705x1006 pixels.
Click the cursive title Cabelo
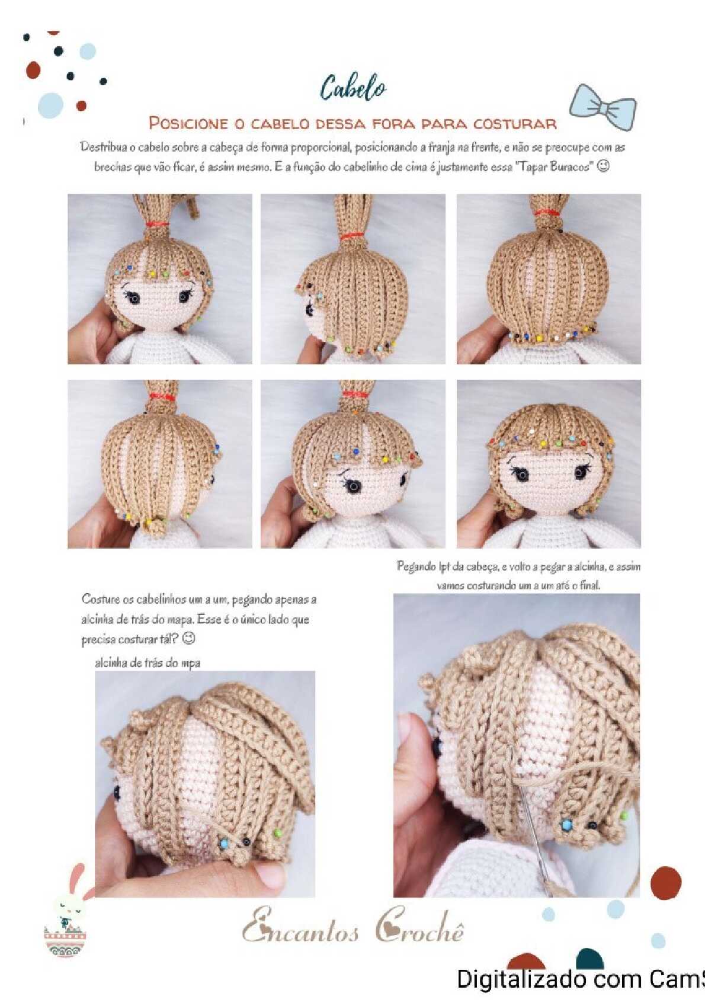[354, 88]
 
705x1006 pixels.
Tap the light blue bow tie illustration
[603, 107]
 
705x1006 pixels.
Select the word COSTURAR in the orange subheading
[515, 123]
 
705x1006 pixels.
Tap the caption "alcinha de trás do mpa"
[148, 663]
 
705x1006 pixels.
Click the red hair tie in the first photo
[157, 223]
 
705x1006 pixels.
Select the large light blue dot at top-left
[51, 106]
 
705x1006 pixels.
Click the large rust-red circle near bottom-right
[665, 883]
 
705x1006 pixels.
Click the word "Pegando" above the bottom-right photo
[415, 567]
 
